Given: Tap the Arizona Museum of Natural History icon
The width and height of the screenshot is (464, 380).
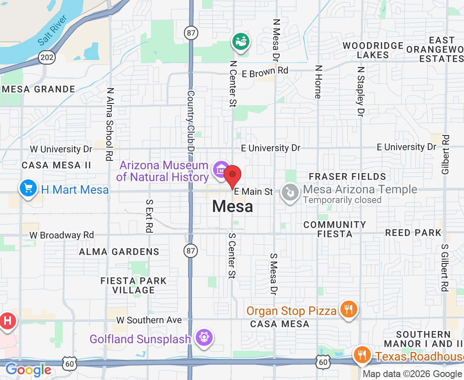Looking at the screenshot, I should point(221,169).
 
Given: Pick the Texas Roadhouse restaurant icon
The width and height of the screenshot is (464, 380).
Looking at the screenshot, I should point(362,355).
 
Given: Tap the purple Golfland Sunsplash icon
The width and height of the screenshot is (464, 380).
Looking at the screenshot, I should point(205,337).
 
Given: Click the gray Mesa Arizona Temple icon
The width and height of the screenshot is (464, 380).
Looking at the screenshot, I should point(290,193).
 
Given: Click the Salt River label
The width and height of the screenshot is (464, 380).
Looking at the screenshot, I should point(53,35).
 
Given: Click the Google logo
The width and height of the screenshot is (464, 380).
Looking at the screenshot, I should point(28,370).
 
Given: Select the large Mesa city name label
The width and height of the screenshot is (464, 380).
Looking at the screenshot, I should point(232,206).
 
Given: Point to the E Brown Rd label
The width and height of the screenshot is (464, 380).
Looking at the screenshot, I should point(265,72).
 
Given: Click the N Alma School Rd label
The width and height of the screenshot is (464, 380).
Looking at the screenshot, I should point(110,124).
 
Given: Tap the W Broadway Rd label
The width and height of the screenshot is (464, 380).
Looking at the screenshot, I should point(62,235).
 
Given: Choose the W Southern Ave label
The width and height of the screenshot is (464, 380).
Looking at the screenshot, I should point(149,320).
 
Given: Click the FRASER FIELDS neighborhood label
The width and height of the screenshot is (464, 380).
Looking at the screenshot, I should point(347,176).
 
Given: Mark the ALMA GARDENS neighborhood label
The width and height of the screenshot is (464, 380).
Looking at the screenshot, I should point(119,252).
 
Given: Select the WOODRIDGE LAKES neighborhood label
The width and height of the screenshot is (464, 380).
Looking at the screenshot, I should point(373,50).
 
